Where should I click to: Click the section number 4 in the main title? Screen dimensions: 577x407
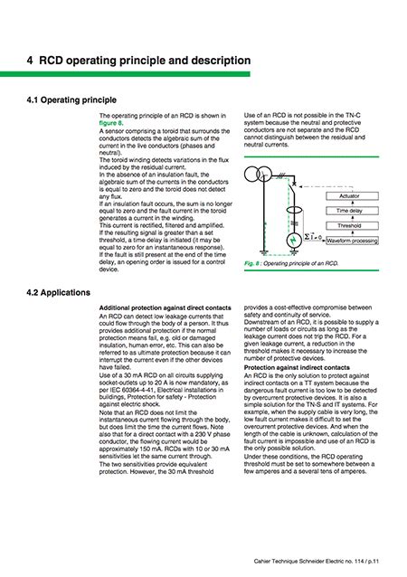point(31,61)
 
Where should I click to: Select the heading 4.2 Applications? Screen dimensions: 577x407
point(65,293)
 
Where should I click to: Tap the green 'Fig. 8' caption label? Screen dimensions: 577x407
point(253,262)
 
